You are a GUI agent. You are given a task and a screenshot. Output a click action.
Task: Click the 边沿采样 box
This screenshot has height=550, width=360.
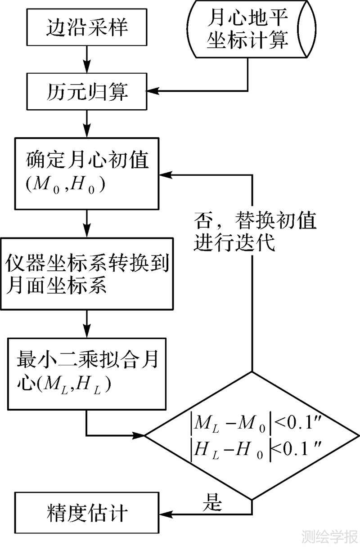pyautogui.click(x=87, y=28)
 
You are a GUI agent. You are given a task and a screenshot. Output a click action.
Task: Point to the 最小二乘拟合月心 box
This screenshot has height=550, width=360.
pyautogui.click(x=86, y=373)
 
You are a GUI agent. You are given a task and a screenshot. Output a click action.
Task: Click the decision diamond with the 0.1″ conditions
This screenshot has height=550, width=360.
pyautogui.click(x=252, y=435)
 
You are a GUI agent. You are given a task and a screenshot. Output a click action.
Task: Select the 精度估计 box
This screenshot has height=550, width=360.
pyautogui.click(x=87, y=513)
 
